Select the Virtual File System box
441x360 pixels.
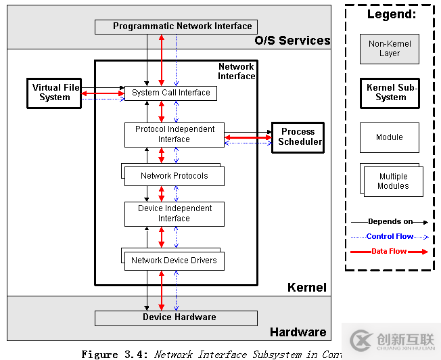pos(55,93)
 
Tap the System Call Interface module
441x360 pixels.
pos(170,93)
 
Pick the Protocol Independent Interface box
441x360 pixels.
pos(174,135)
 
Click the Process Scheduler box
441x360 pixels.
pos(298,137)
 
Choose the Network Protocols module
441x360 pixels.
pos(174,176)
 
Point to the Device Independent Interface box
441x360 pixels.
pos(174,214)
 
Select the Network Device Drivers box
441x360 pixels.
pos(174,261)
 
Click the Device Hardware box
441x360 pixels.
pos(176,317)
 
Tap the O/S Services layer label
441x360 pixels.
pos(292,41)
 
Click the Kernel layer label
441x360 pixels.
pos(306,288)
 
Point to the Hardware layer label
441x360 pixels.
pos(298,332)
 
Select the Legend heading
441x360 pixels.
pos(391,14)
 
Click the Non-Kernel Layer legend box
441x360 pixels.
pos(389,49)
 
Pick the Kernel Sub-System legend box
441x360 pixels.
pos(390,93)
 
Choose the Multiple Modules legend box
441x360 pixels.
pos(393,181)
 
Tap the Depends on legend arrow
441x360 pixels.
pos(390,222)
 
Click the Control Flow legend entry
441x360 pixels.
pos(390,237)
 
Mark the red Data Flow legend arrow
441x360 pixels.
pos(390,252)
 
